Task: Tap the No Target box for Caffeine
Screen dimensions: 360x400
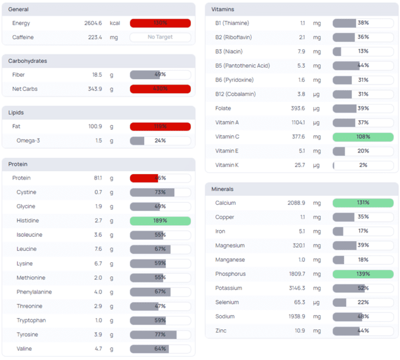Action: pos(160,37)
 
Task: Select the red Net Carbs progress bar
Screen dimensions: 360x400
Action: pos(160,89)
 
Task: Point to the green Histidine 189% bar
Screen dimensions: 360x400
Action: pos(160,221)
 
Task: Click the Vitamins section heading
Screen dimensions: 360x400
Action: pos(223,9)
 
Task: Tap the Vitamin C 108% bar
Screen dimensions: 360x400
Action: pos(363,137)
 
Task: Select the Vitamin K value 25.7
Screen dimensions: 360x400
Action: pos(298,165)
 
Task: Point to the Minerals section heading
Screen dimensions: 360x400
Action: pos(222,189)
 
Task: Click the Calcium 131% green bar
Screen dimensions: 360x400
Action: pos(363,203)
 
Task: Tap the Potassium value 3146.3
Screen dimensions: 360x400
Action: pos(295,288)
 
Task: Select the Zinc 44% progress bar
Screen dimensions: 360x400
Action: pos(363,330)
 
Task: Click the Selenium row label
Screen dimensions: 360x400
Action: pos(227,302)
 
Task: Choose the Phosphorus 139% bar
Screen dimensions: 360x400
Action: pos(363,274)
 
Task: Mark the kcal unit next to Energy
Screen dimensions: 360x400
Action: pos(115,23)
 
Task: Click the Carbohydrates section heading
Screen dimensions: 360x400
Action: pos(28,61)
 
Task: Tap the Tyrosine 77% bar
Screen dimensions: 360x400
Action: pos(160,335)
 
